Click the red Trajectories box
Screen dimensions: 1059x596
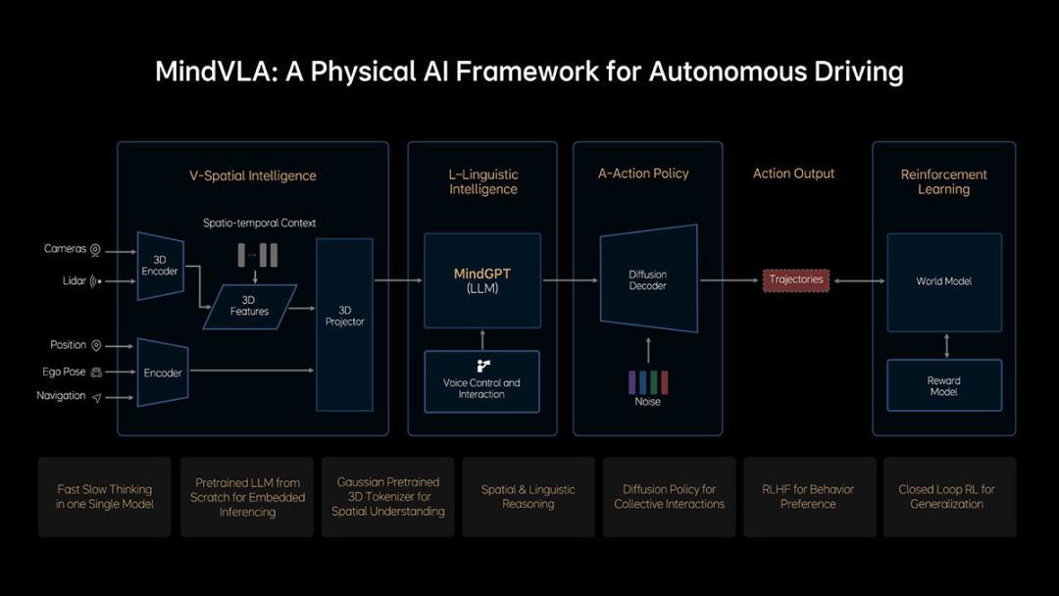[x=796, y=280]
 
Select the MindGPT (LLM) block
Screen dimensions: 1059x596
[x=482, y=280]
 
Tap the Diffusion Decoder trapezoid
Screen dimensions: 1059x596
[x=648, y=278]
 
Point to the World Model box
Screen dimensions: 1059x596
[x=944, y=282]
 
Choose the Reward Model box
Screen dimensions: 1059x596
[x=944, y=385]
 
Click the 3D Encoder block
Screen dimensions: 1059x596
[x=160, y=266]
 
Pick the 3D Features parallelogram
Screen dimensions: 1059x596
[x=249, y=307]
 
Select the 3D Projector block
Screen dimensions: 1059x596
[x=344, y=324]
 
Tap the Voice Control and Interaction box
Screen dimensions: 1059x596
[x=481, y=381]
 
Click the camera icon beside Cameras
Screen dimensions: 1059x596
[x=95, y=250]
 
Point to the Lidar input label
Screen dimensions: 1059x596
[x=75, y=280]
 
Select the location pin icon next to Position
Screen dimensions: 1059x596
[x=96, y=346]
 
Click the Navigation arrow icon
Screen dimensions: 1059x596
[x=96, y=398]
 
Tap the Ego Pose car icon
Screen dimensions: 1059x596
[x=96, y=372]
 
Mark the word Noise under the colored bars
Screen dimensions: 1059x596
[x=648, y=402]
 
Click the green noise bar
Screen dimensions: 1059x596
[x=654, y=382]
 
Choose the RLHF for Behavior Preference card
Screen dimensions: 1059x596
[x=809, y=497]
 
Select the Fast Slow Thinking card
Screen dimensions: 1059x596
[x=105, y=497]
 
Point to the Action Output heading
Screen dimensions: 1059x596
[x=793, y=174]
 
